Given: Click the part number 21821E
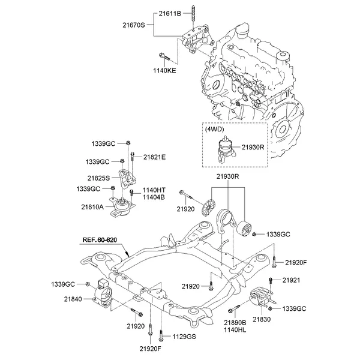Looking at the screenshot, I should click(x=154, y=157).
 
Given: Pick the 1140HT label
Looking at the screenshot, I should click(x=154, y=190).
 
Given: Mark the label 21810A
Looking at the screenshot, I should click(x=93, y=206).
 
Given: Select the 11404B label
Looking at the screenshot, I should click(x=154, y=197).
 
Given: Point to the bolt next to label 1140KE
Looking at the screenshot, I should click(x=164, y=58).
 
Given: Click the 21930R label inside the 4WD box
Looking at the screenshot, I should click(x=253, y=147).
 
